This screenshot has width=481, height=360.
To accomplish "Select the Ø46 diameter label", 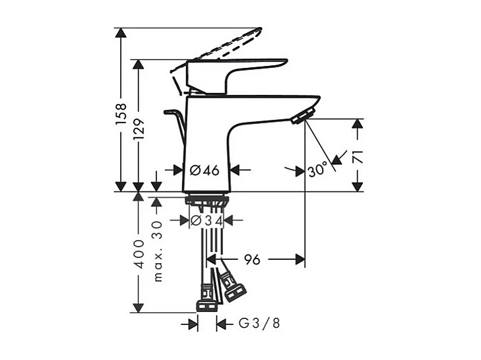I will coord(204,170).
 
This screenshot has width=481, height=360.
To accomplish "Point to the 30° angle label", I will coord(317,170).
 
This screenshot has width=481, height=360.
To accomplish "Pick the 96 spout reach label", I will coord(252,260).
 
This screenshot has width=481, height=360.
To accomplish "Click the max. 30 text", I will coord(157,251).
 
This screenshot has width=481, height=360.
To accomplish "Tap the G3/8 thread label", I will coord(259,324).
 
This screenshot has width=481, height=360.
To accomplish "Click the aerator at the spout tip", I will coord(300,117).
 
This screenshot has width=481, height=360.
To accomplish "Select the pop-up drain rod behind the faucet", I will coord(177,122).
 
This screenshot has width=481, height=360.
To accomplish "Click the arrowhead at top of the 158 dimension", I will coord(120,33).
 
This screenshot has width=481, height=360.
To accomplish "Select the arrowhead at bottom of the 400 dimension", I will coord(137,307).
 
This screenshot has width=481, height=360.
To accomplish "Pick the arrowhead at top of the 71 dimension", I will coord(357,124).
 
